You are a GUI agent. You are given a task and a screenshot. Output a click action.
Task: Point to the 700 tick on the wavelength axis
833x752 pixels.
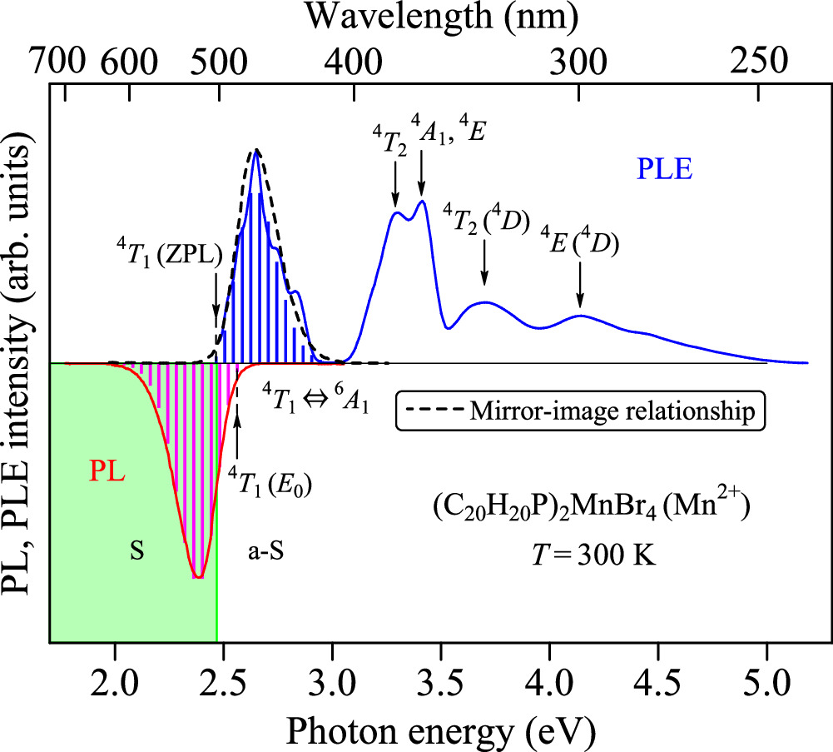click(65, 59)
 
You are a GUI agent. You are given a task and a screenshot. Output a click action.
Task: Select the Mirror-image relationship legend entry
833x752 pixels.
click(579, 411)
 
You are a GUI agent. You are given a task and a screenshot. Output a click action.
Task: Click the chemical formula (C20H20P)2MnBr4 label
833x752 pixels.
click(592, 508)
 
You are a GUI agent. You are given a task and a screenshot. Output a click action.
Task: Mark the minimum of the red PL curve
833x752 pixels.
click(198, 576)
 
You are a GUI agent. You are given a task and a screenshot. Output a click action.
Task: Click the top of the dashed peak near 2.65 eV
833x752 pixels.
click(256, 150)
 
